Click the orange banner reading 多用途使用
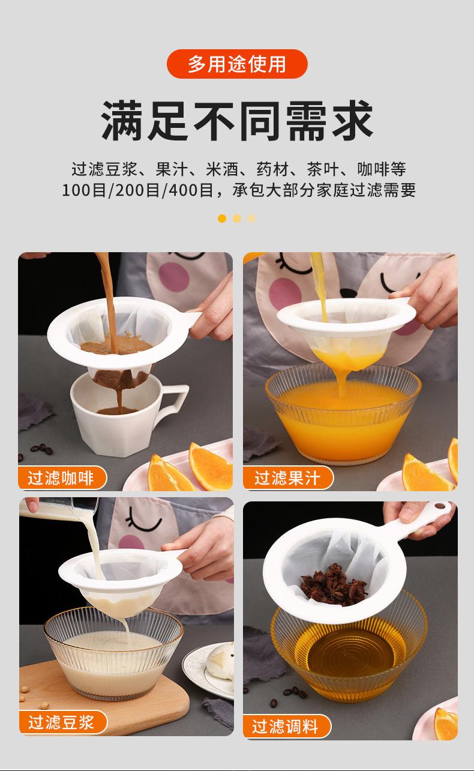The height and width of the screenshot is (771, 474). tap(237, 64)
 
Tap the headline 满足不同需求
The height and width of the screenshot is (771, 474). tap(237, 121)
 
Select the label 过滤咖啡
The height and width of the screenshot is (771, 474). tap(62, 478)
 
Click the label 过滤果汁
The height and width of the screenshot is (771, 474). tap(287, 478)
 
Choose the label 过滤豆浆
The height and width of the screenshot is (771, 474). tap(62, 722)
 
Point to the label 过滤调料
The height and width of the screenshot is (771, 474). tap(286, 727)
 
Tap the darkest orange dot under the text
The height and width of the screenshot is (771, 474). tap(222, 218)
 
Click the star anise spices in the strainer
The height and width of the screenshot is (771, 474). tap(333, 584)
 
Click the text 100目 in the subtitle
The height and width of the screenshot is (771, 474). tap(83, 190)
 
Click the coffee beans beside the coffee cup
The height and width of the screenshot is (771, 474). tap(42, 448)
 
